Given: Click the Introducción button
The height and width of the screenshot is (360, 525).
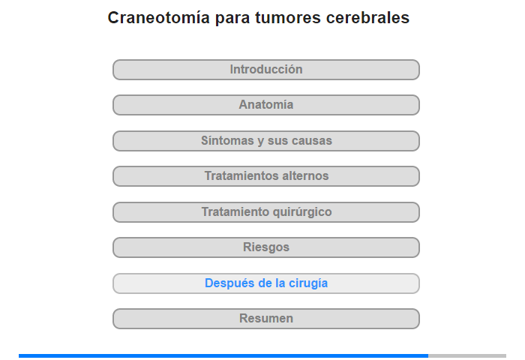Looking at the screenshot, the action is tap(265, 70).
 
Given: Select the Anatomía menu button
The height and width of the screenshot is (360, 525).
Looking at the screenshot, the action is tap(265, 105).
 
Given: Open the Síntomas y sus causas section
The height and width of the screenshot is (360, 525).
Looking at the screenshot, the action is tap(265, 141).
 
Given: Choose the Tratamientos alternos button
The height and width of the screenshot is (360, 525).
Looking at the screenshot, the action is tap(265, 176).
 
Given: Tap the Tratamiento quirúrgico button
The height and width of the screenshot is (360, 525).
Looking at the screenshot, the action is tap(265, 212).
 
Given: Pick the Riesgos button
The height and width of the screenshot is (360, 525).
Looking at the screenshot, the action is tap(265, 247).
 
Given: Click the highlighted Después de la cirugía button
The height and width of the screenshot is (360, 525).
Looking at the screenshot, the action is tap(265, 283).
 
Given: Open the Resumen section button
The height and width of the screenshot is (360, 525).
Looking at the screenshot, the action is tap(265, 319).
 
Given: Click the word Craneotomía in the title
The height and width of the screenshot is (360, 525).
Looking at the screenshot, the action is tap(159, 17).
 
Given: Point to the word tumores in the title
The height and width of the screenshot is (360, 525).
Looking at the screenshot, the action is tap(287, 17).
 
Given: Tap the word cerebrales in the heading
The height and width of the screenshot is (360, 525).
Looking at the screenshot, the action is tap(367, 17).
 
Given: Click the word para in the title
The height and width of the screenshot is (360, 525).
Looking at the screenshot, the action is tap(232, 19).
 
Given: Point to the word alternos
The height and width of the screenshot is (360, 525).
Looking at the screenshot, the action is tap(305, 175).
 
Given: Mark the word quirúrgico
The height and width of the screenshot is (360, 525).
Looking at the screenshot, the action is tap(302, 212).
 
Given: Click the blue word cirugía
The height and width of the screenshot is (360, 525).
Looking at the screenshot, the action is tap(308, 283).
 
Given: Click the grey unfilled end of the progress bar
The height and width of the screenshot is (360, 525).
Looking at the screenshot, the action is tap(467, 355).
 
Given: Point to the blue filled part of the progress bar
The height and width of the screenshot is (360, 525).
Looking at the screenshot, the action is tap(223, 355).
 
